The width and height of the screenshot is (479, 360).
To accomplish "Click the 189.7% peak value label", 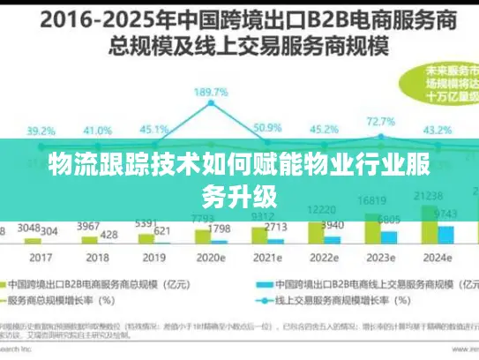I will (x=211, y=91).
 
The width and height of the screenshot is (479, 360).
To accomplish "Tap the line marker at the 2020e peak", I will (x=211, y=102).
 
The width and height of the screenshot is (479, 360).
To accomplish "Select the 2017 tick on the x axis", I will (x=40, y=257).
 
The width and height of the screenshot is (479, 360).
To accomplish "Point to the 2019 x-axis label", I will (x=153, y=257).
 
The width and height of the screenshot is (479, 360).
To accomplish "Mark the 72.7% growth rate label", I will (x=380, y=121).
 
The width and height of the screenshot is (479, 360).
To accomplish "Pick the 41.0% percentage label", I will (x=96, y=130).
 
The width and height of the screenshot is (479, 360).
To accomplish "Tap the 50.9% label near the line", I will (x=266, y=127).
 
